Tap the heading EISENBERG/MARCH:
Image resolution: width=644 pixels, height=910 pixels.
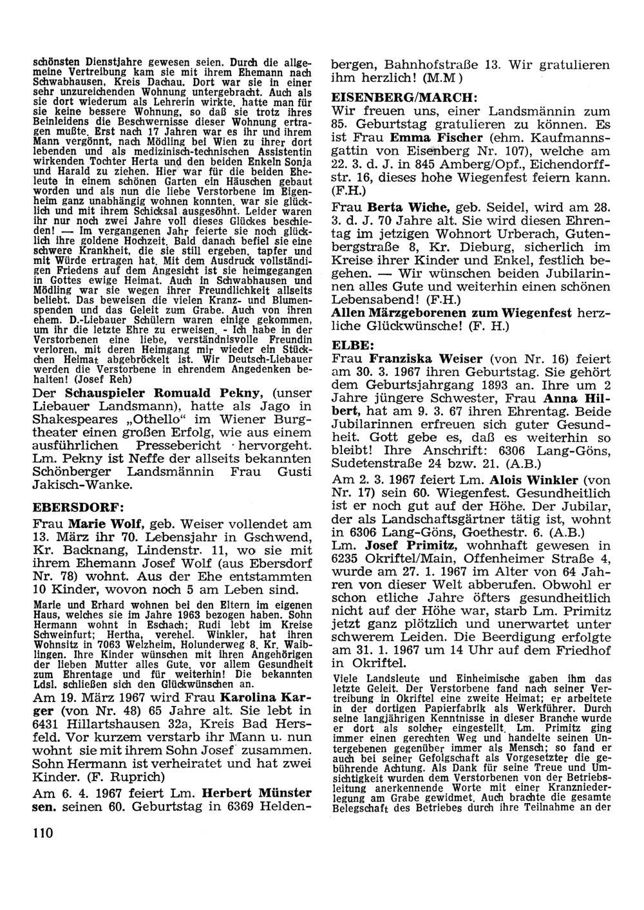click(x=403, y=95)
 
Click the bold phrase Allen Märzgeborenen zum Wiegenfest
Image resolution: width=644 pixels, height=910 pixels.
click(x=451, y=313)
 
